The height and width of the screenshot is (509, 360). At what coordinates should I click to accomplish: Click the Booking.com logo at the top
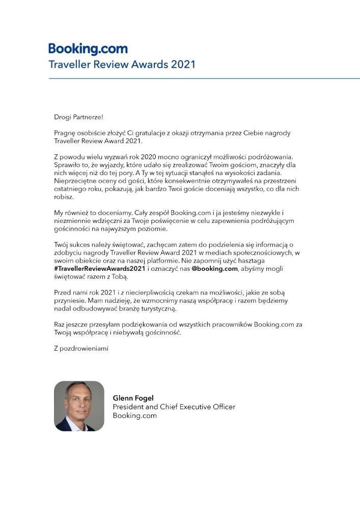click(x=88, y=49)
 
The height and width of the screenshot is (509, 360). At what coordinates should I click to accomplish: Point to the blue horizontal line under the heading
click(x=204, y=78)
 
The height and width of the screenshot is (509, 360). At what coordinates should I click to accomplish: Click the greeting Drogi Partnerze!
click(x=78, y=117)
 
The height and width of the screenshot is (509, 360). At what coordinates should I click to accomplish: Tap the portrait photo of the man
click(x=79, y=406)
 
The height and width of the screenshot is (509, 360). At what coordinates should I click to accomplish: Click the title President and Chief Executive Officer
click(x=174, y=407)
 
